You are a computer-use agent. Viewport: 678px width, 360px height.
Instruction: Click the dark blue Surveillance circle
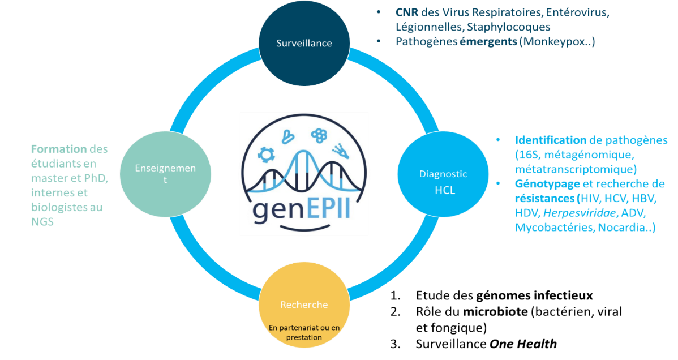304,43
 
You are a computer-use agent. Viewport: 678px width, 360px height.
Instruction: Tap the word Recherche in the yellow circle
304,305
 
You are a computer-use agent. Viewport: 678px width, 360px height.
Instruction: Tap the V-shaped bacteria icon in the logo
289,136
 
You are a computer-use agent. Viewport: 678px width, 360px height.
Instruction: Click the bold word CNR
407,12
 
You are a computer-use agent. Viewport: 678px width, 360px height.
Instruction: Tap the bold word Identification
550,140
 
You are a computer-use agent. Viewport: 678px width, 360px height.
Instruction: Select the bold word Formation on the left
59,149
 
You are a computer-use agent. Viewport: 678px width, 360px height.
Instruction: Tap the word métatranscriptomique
576,169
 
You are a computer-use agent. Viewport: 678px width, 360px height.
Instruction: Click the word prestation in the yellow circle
303,337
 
